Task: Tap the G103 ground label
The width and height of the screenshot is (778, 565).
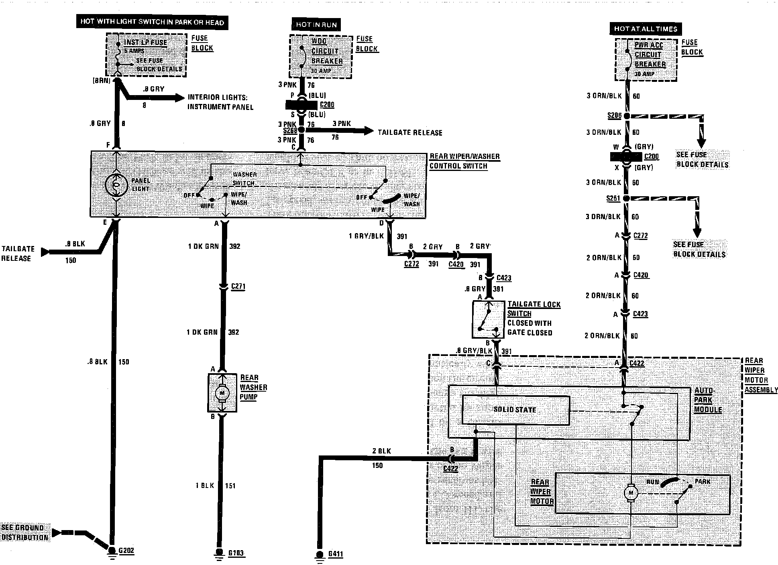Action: click(x=236, y=553)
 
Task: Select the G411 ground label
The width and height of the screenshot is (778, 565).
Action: click(x=335, y=555)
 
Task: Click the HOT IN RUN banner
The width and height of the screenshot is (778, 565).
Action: click(x=316, y=25)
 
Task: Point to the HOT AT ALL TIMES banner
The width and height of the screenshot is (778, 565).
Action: click(x=645, y=29)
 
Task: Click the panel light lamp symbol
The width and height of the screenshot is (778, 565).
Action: click(x=116, y=185)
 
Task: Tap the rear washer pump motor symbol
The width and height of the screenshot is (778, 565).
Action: click(x=222, y=393)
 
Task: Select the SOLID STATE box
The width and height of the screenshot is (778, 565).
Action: click(x=515, y=410)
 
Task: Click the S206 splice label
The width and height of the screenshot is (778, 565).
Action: click(x=614, y=116)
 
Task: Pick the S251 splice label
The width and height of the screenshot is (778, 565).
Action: click(x=613, y=198)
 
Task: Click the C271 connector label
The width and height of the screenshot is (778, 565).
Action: click(x=238, y=287)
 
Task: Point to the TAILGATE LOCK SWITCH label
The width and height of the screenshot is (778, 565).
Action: click(x=534, y=309)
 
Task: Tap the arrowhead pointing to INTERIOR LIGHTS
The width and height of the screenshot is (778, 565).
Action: click(x=179, y=98)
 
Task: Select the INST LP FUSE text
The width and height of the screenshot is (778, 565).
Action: click(x=145, y=42)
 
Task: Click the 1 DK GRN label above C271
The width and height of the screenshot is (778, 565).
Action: click(x=203, y=246)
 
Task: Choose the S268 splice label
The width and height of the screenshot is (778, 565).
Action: click(x=290, y=131)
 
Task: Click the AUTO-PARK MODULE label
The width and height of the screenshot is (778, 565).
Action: click(x=708, y=400)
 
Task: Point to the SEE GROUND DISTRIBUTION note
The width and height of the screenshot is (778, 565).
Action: click(x=25, y=532)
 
